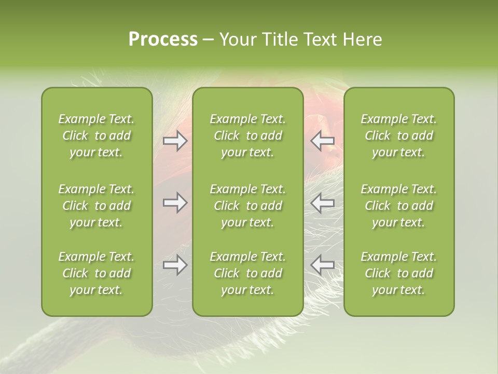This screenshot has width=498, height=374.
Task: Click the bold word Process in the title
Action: coord(163,39)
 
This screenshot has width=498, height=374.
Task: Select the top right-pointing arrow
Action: coord(175,141)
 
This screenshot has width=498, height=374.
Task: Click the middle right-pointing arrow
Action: coord(175,203)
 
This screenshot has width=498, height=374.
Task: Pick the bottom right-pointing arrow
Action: coord(175,265)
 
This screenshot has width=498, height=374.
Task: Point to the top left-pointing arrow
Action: coord(323,141)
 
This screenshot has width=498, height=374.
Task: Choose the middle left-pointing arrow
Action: coord(323,203)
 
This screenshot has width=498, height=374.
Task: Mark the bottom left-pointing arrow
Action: coord(323,265)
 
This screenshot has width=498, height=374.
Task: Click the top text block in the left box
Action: coord(96,136)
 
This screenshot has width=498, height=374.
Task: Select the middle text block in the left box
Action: coord(96,206)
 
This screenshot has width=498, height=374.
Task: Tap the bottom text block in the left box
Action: coord(96,273)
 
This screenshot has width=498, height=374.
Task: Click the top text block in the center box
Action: coord(247,136)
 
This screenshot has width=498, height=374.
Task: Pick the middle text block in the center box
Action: coord(247,206)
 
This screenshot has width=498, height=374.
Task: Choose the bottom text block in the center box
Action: coord(247,273)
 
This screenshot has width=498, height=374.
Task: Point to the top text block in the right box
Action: coord(398,136)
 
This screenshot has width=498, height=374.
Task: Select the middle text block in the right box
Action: coord(398,206)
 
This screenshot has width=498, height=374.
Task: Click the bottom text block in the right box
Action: coord(398,273)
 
